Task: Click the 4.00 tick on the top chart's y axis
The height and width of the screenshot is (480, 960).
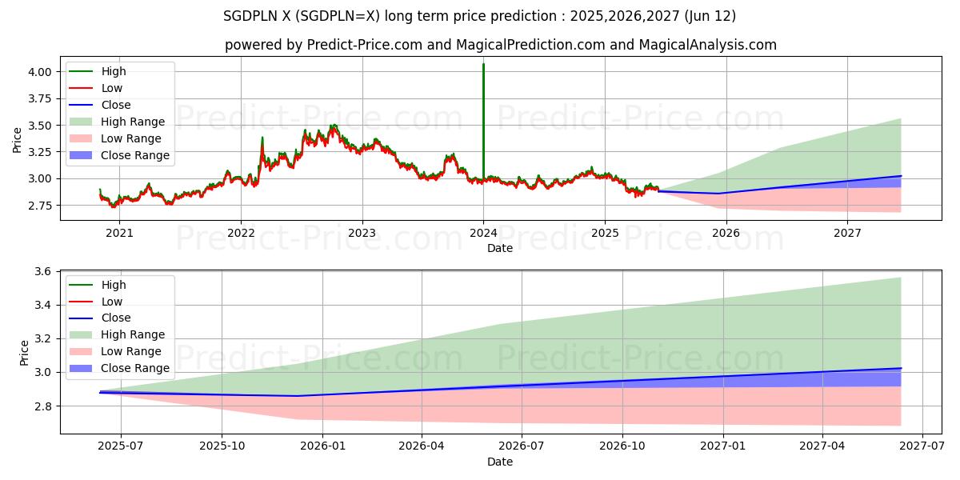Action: pos(41,72)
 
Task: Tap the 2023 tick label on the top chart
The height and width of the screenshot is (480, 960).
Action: pos(362,234)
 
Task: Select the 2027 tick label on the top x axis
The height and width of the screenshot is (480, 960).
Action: pos(847,234)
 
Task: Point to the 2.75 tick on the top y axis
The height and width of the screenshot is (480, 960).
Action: pos(41,206)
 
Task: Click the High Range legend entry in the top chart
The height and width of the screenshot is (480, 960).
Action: pos(133,122)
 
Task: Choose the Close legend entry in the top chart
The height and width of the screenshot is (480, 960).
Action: pos(116,105)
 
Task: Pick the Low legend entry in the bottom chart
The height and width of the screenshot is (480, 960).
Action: pos(112,302)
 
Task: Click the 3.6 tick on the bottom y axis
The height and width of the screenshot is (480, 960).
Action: pos(44,272)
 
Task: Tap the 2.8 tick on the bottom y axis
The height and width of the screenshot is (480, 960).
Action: pos(44,406)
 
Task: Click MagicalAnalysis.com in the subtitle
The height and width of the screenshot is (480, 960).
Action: pos(707,45)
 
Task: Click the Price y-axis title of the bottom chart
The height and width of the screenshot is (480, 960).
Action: pos(23,353)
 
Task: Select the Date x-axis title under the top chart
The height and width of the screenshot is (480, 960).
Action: pos(500,249)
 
